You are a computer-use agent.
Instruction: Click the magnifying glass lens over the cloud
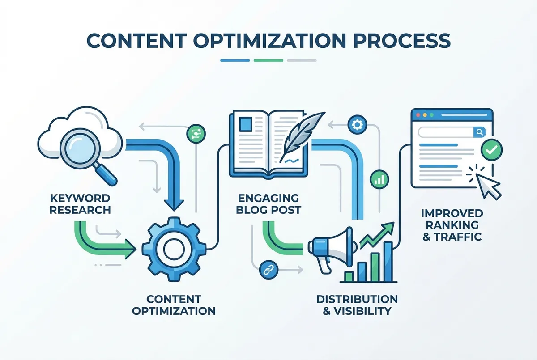click(x=80, y=147)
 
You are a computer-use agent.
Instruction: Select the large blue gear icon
click(x=174, y=249)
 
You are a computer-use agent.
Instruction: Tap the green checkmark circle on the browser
click(x=491, y=150)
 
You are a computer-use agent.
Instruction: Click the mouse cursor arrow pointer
click(x=488, y=186)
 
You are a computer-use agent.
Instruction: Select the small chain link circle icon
click(x=269, y=270)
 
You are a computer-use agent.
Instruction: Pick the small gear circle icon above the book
click(x=357, y=125)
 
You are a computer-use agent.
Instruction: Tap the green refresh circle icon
click(x=196, y=134)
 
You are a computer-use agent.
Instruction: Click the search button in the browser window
click(x=480, y=132)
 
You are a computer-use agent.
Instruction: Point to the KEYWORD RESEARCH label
click(x=80, y=204)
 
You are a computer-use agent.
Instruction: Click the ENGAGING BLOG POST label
click(x=268, y=204)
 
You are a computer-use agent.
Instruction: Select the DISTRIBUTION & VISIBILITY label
click(x=357, y=305)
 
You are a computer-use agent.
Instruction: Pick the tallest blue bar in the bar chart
click(x=388, y=262)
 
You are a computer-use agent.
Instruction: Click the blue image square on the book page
click(x=246, y=124)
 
